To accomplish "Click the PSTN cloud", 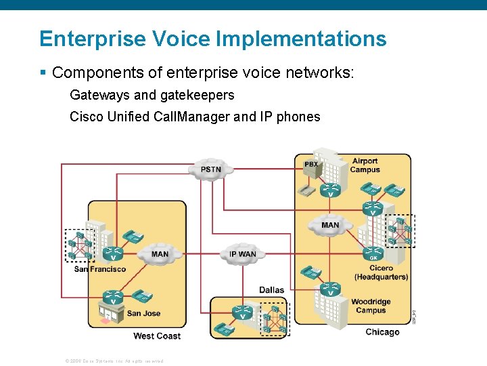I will click(210, 169).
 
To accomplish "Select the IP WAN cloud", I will click(242, 254).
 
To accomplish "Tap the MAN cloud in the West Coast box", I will click(160, 254).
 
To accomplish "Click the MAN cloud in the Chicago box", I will click(330, 225).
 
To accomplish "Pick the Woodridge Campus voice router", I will click(330, 289).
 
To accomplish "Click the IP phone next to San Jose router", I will click(142, 296).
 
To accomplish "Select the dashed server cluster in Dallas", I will click(275, 319).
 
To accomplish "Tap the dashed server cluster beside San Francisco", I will click(79, 245).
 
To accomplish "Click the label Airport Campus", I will click(365, 165).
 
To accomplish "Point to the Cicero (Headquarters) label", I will click(381, 272).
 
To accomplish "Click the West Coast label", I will click(157, 336).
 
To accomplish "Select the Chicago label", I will click(382, 332).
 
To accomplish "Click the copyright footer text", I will click(114, 361).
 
